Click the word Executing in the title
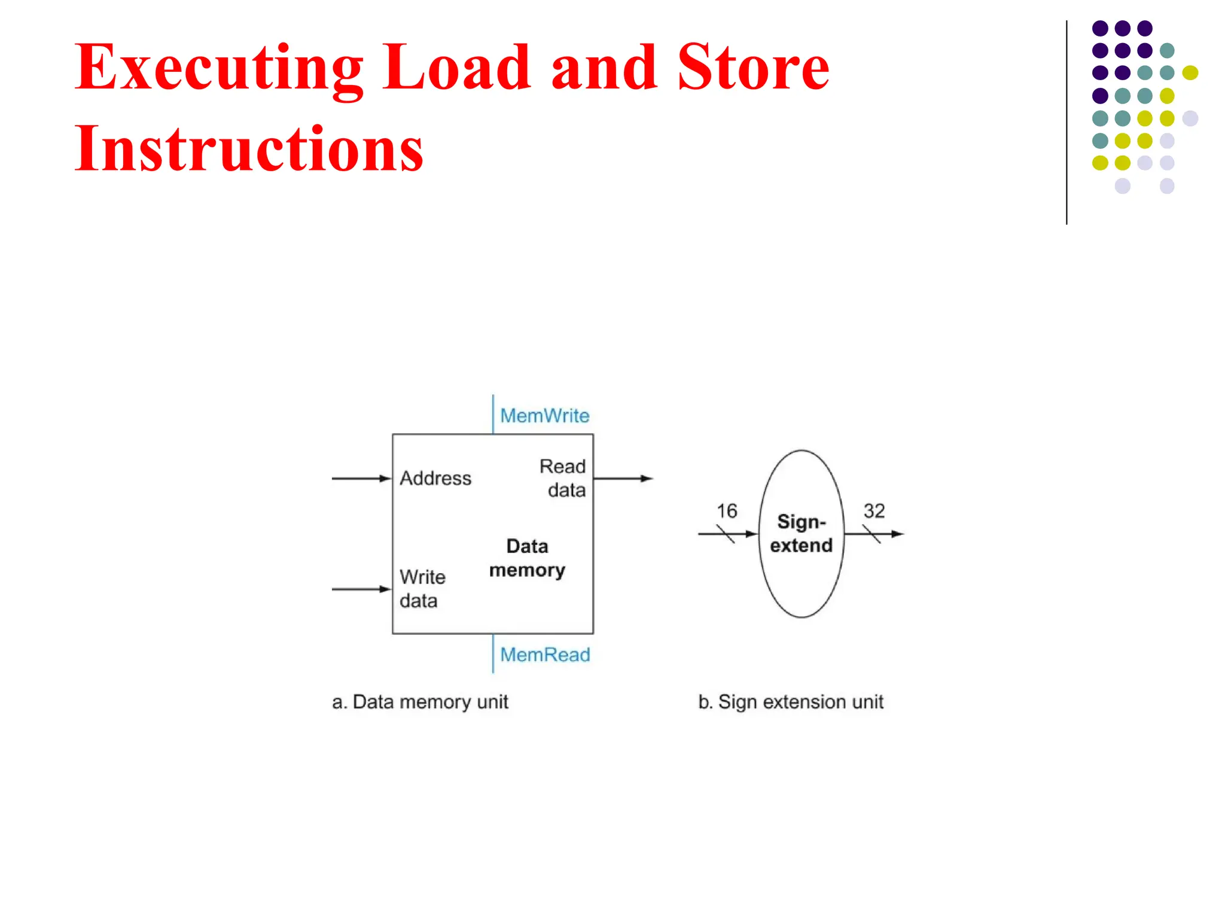218,69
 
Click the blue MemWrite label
544,415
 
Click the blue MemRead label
545,655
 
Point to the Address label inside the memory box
435,478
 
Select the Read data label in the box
562,477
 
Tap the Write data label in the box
422,588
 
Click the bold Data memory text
527,558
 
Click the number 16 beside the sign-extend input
727,511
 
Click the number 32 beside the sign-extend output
874,511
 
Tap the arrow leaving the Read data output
623,479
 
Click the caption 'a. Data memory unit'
420,701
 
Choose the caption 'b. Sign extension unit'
790,701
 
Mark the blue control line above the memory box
493,414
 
